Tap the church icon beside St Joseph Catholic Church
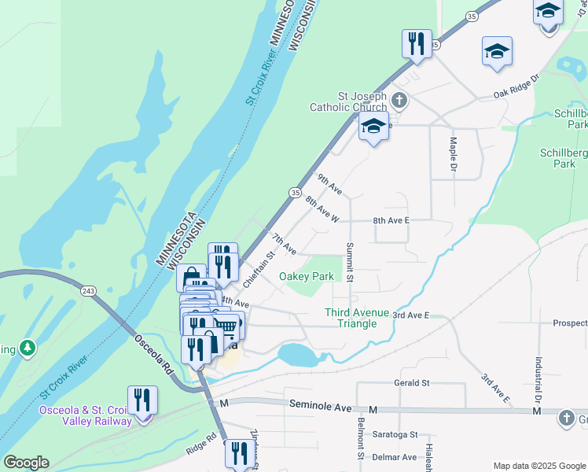tap(399, 100)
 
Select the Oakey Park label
tap(307, 276)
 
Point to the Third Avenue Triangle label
tap(357, 318)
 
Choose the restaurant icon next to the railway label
tap(142, 399)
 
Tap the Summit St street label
tap(349, 263)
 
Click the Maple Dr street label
tap(453, 151)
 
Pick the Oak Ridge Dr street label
tap(516, 87)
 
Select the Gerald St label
tap(412, 383)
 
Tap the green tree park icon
tap(27, 347)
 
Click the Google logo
tap(26, 463)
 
